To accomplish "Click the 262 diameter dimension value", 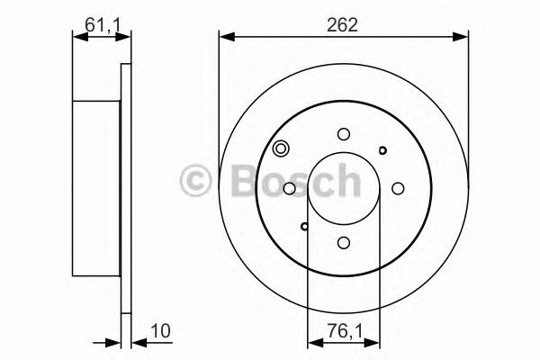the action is click(342, 25).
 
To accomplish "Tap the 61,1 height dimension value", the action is click(103, 25).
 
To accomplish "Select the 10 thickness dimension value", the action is click(161, 331).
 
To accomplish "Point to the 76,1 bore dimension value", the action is click(345, 332).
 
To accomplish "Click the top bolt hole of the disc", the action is click(344, 134).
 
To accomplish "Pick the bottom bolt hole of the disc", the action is click(344, 242).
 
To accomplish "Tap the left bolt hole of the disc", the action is click(289, 188).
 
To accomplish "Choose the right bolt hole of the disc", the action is click(398, 188).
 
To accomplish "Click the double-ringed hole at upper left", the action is click(281, 148).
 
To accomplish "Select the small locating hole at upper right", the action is click(382, 150).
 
